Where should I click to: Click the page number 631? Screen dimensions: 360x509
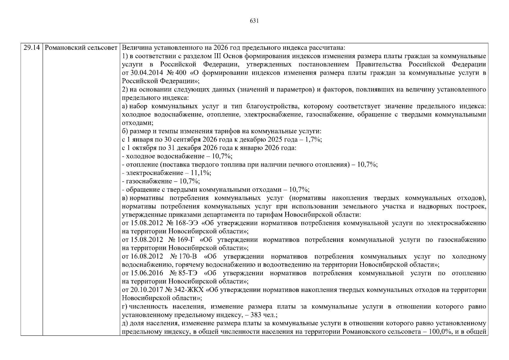254,21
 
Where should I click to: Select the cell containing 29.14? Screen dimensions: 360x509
31,48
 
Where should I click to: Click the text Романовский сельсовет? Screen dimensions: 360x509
81,48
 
